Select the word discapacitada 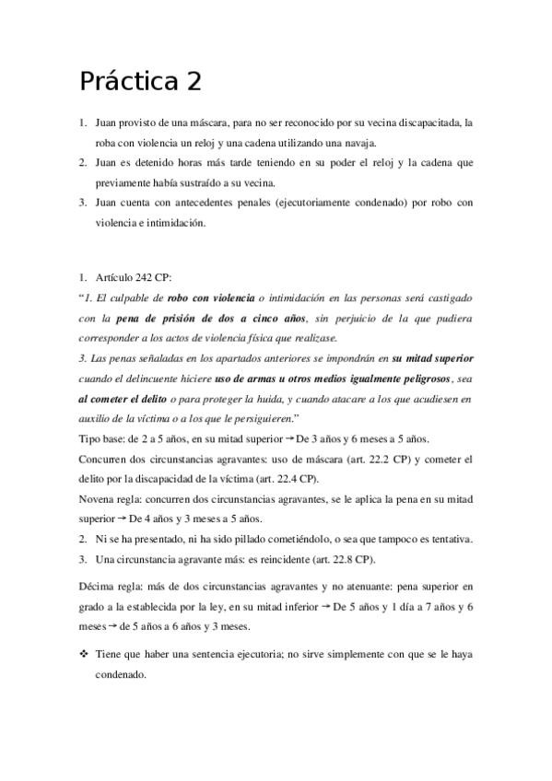(428, 122)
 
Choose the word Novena (100, 498)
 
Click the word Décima (100, 586)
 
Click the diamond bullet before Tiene (84, 653)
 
